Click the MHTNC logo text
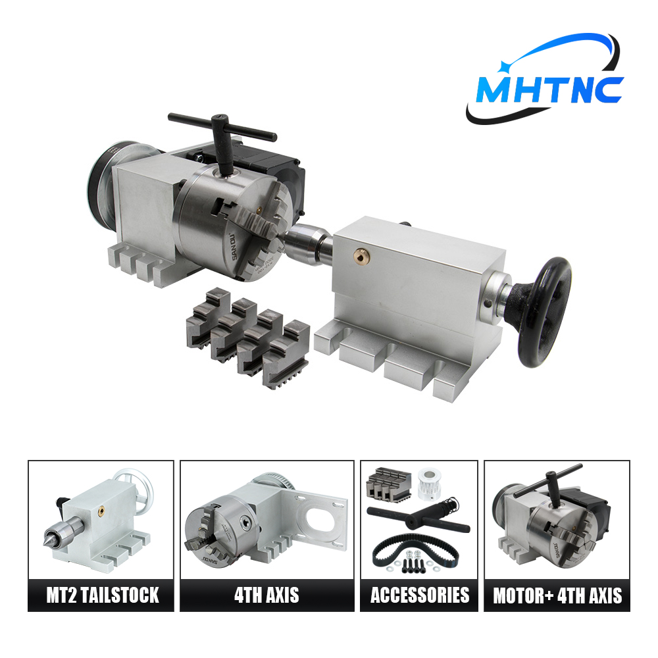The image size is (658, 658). click(x=549, y=89)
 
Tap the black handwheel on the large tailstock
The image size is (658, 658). click(x=544, y=313)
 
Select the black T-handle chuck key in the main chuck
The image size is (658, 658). click(x=222, y=138)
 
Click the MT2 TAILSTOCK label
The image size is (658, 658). click(x=103, y=595)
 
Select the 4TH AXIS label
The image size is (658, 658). click(x=267, y=595)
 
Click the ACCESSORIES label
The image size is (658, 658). click(x=420, y=595)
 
